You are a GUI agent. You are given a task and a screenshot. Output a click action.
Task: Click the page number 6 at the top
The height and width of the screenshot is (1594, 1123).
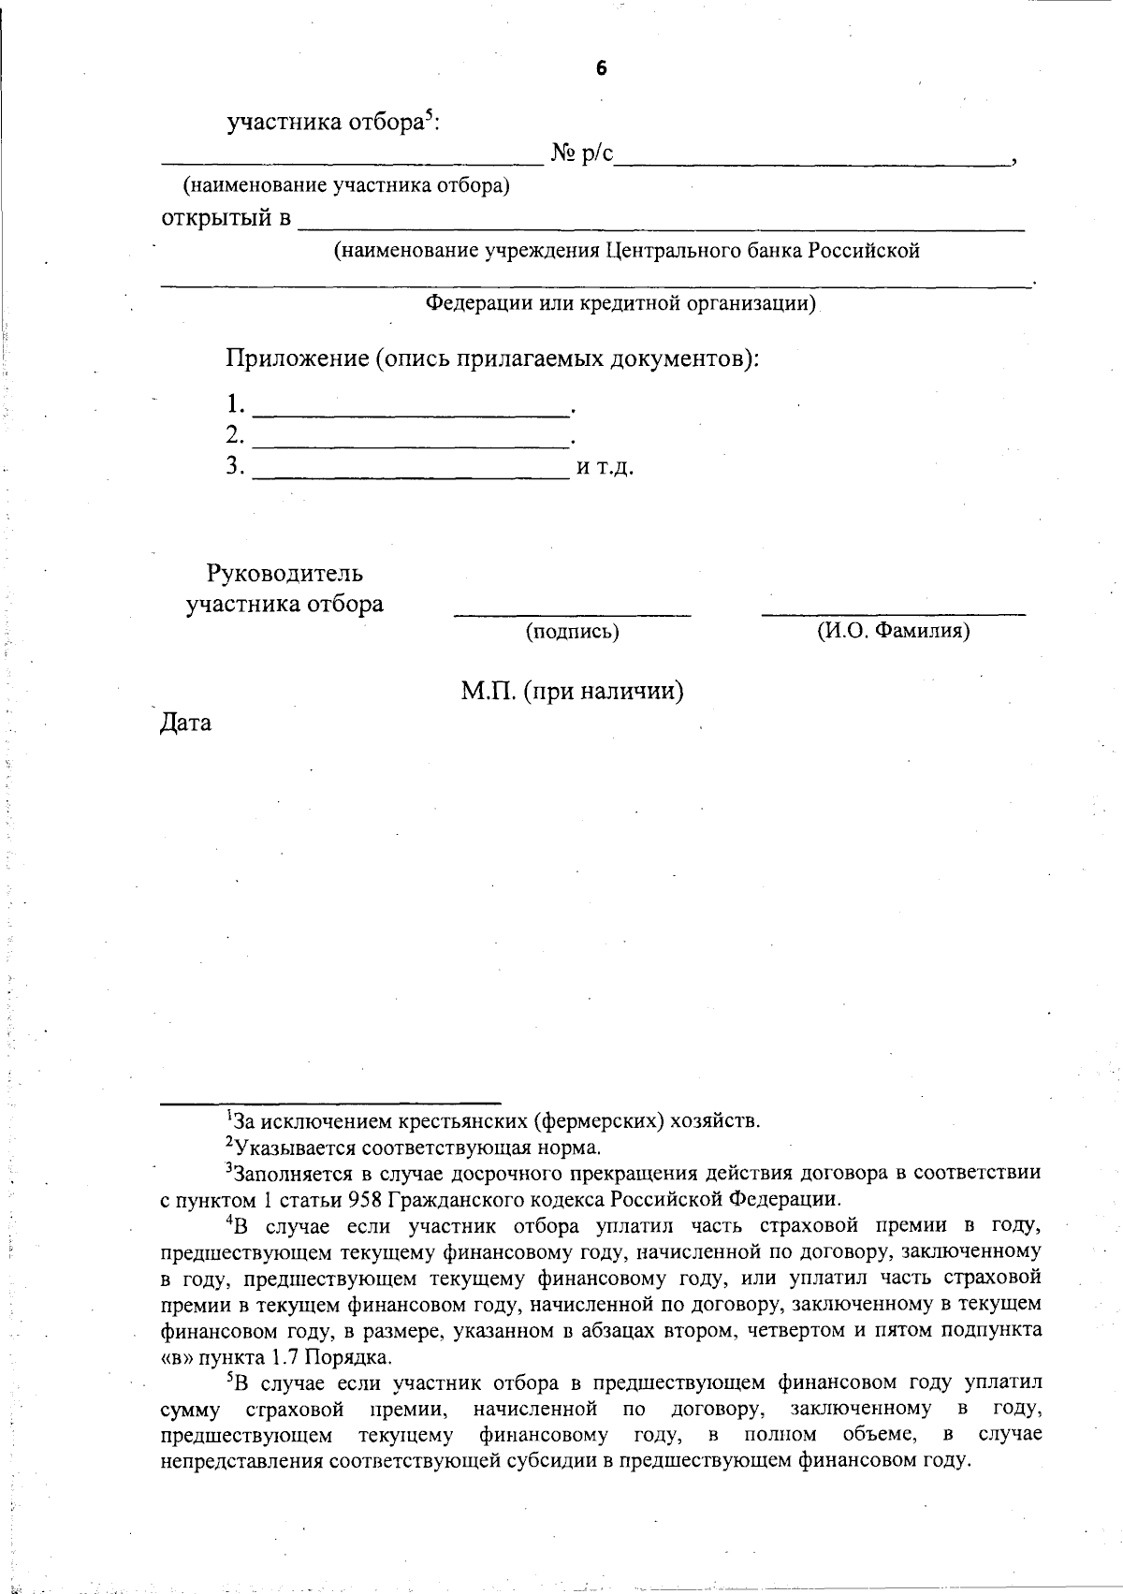pos(601,67)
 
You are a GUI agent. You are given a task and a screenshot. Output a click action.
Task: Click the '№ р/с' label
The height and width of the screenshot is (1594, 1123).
pos(581,154)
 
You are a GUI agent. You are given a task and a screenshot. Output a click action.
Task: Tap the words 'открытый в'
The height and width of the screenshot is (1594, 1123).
pos(226,219)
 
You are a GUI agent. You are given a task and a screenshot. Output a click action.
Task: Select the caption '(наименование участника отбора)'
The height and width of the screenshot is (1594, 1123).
pos(346,185)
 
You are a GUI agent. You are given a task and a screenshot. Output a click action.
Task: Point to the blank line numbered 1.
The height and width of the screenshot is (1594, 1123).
pos(412,412)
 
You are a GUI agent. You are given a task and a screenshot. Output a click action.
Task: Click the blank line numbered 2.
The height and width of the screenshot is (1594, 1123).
pos(412,442)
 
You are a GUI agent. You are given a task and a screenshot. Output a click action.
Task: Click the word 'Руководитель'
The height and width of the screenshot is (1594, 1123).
pos(284,573)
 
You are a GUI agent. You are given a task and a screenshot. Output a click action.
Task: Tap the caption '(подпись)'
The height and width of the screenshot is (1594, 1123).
pos(573,632)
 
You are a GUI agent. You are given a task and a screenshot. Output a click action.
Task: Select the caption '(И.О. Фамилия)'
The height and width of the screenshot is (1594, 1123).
pos(894,631)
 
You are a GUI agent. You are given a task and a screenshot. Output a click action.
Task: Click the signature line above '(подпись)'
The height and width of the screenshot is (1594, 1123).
pos(573,614)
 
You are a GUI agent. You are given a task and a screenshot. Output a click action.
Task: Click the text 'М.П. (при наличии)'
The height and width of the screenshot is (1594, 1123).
pos(572,691)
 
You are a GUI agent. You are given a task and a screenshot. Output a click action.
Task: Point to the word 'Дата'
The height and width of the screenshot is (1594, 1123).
pos(185,723)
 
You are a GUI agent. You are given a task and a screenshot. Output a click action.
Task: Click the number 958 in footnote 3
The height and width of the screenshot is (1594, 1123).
pos(363,1199)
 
